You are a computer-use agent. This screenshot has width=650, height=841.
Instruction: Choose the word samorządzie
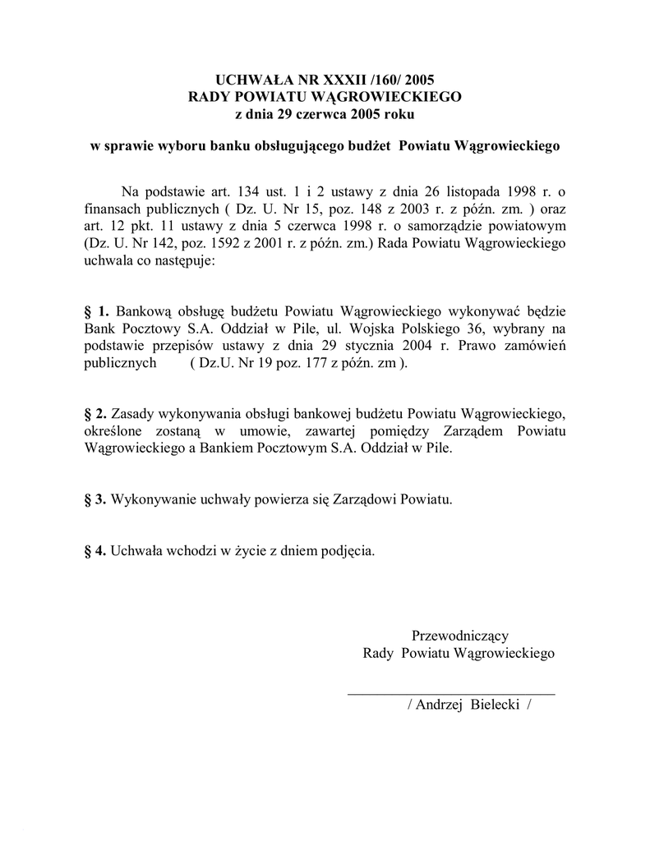tap(455, 227)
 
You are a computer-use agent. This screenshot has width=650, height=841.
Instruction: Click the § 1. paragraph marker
tap(97, 311)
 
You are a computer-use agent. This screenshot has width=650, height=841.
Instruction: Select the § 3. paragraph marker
tap(96, 499)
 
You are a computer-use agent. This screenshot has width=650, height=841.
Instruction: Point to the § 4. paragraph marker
tap(96, 550)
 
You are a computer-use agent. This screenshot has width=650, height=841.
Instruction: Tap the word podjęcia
tap(349, 550)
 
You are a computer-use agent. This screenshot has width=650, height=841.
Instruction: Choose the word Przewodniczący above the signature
tap(459, 636)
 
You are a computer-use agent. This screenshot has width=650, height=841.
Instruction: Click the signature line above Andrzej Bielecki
tap(450, 695)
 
